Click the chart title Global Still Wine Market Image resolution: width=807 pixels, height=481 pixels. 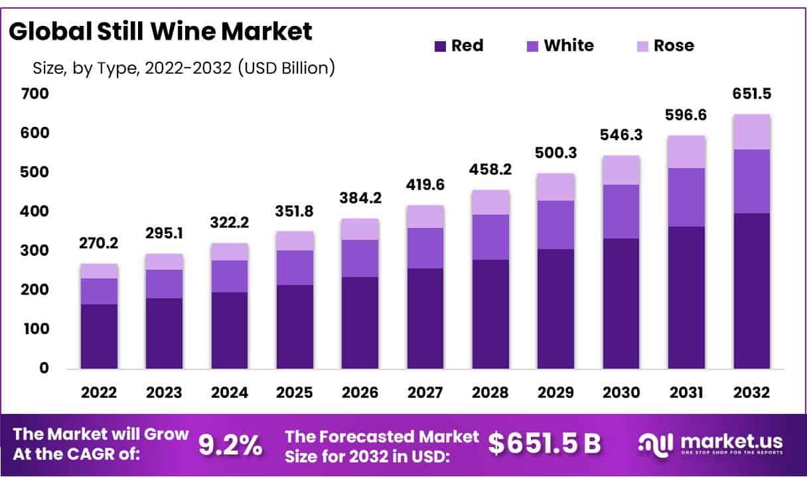tap(160, 31)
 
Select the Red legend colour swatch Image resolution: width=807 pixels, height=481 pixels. tap(440, 46)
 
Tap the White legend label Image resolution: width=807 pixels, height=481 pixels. tap(569, 46)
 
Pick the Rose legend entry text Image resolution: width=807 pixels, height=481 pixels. tap(674, 46)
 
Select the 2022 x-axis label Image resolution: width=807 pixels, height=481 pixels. tap(99, 392)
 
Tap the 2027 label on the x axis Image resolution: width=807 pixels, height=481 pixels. tap(425, 392)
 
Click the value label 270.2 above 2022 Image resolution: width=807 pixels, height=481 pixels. tap(99, 244)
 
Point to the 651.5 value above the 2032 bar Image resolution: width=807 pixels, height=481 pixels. tap(752, 94)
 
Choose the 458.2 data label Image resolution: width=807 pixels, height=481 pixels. tap(490, 170)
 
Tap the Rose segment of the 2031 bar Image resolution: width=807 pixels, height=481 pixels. tap(686, 151)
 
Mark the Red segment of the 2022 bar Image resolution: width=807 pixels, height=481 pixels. tap(99, 336)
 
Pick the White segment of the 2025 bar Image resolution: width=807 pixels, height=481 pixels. tap(295, 268)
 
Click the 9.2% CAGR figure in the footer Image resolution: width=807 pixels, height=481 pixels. tap(230, 444)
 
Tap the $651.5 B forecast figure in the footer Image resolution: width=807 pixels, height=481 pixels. tap(544, 444)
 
